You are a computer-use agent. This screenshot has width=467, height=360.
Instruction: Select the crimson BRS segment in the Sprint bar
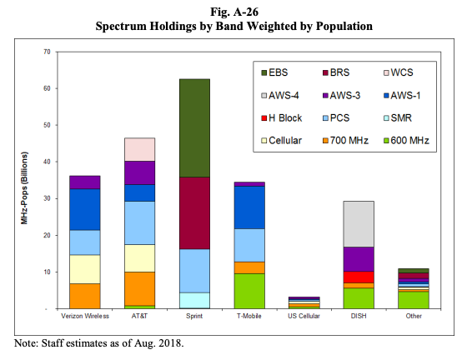click(x=193, y=212)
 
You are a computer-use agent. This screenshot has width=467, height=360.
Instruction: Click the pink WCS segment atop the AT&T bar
click(x=139, y=149)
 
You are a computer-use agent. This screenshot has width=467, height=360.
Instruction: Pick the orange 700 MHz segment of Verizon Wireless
click(x=84, y=296)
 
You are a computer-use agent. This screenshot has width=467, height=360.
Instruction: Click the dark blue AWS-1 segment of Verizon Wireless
click(x=84, y=209)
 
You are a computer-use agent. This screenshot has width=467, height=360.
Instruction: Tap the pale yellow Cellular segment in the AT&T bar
click(x=139, y=257)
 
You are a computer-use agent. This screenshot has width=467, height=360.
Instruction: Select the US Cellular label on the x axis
click(x=303, y=317)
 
